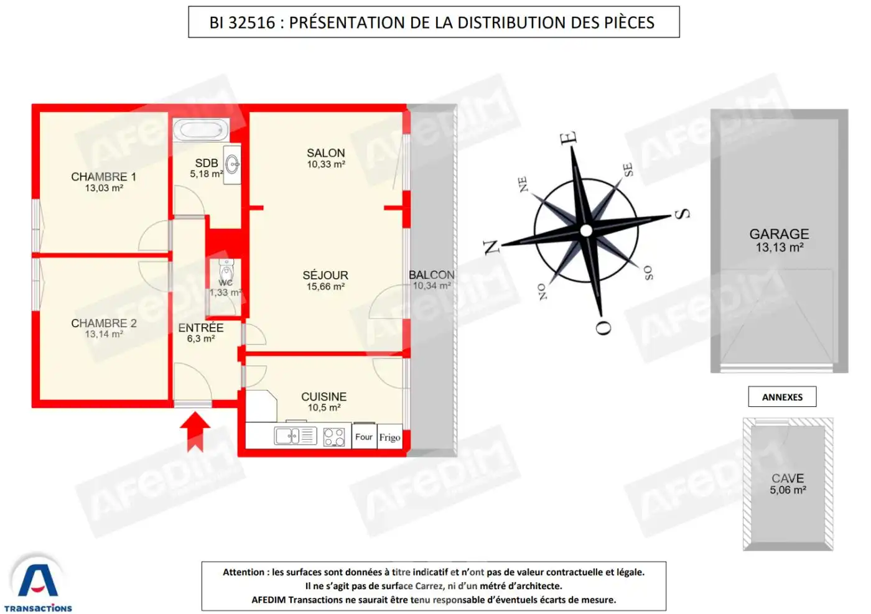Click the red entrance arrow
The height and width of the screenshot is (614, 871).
(x=195, y=432)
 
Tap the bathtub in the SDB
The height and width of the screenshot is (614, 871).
(x=201, y=129)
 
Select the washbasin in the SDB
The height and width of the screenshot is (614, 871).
(x=232, y=164)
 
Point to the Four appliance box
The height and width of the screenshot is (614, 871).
(x=364, y=437)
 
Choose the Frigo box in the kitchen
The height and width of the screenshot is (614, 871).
(x=389, y=437)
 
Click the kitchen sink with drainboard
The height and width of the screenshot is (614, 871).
(x=296, y=436)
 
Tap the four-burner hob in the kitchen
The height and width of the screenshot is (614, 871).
(x=334, y=437)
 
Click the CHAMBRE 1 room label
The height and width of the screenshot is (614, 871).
(x=104, y=177)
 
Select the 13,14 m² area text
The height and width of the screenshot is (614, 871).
(x=105, y=334)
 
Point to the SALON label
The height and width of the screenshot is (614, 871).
(x=326, y=153)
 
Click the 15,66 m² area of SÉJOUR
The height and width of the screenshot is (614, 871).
(x=326, y=287)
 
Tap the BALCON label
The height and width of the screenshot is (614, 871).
(x=432, y=275)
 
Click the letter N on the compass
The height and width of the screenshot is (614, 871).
(x=491, y=246)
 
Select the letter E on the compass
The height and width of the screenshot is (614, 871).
(x=569, y=138)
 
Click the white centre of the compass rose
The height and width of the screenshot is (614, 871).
(x=586, y=231)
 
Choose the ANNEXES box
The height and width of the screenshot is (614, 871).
(x=783, y=397)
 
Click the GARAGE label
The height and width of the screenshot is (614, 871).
(x=779, y=234)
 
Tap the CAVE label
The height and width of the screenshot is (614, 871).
(x=788, y=478)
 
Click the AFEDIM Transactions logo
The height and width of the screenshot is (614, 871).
(x=38, y=584)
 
